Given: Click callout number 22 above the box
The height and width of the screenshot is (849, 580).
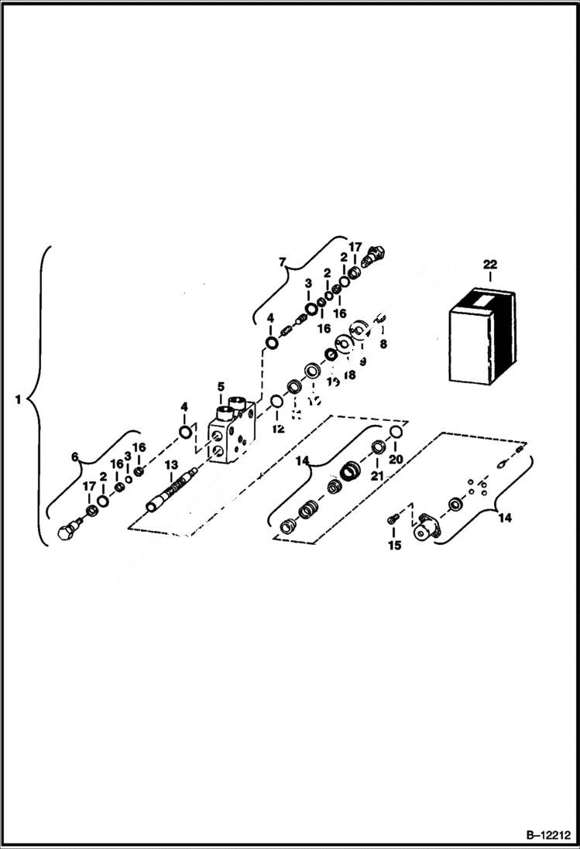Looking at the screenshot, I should (x=489, y=265).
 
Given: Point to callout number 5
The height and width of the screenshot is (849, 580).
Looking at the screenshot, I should (x=221, y=386).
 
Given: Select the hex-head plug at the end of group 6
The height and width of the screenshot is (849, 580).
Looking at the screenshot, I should (x=67, y=532).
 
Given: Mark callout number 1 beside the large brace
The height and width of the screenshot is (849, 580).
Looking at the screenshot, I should (x=17, y=400).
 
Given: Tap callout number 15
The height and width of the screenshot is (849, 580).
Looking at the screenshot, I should (x=394, y=546).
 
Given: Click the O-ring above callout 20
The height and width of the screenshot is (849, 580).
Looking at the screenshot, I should (x=395, y=432).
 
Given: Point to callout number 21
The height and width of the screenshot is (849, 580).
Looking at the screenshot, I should (x=376, y=477).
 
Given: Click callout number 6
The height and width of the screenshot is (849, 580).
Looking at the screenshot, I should (x=76, y=457).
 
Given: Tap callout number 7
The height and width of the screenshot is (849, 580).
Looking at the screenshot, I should (x=283, y=263).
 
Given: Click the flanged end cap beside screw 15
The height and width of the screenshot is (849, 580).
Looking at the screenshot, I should (x=424, y=529).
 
